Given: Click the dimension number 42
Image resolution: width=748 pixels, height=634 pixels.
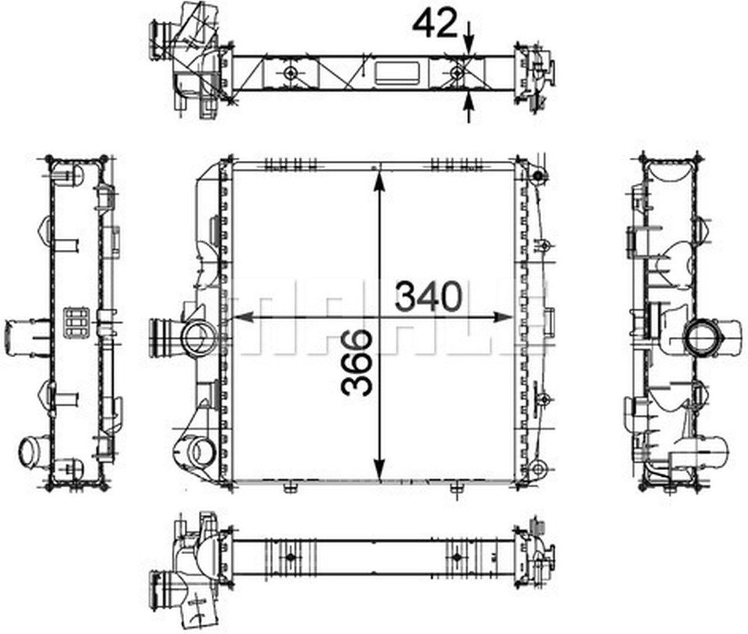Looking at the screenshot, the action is click(435, 23).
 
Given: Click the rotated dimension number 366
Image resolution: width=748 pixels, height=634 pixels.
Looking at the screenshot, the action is click(356, 362).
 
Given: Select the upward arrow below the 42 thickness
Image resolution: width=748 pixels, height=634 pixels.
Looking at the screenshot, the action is click(469, 107).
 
